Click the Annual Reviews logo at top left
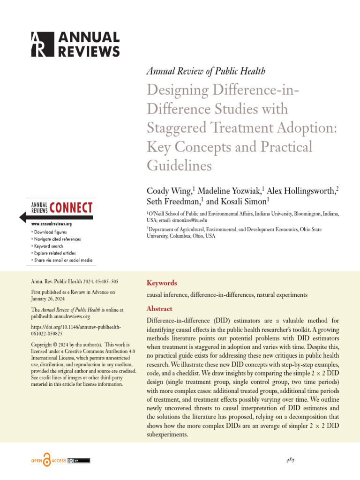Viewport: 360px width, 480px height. coord(75,45)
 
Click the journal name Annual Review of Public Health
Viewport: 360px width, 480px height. coord(206,71)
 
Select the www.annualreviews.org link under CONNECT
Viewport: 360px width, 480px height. coord(51,225)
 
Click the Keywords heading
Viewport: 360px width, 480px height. coord(162,283)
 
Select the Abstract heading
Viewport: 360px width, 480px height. coord(159,309)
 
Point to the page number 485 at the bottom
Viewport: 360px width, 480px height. coord(290,460)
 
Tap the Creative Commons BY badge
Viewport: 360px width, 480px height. coord(79,460)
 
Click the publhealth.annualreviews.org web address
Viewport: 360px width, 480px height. coord(60,317)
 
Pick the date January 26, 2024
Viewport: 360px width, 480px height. coord(47,299)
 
